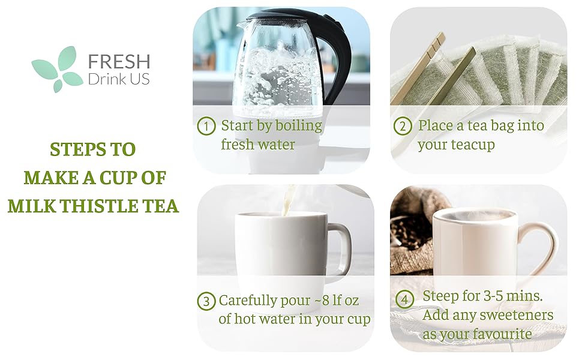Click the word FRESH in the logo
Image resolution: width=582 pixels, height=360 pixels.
pyautogui.click(x=119, y=61)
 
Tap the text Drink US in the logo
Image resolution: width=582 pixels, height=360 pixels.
pyautogui.click(x=118, y=79)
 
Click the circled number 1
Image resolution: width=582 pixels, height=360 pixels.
pyautogui.click(x=206, y=127)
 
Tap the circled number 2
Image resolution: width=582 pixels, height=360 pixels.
pyautogui.click(x=403, y=127)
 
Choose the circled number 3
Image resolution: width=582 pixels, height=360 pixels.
pyautogui.click(x=206, y=301)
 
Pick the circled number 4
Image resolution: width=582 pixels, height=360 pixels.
pyautogui.click(x=405, y=298)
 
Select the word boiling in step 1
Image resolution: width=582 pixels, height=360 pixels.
pyautogui.click(x=298, y=126)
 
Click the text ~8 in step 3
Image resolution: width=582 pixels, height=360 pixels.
pyautogui.click(x=323, y=301)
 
